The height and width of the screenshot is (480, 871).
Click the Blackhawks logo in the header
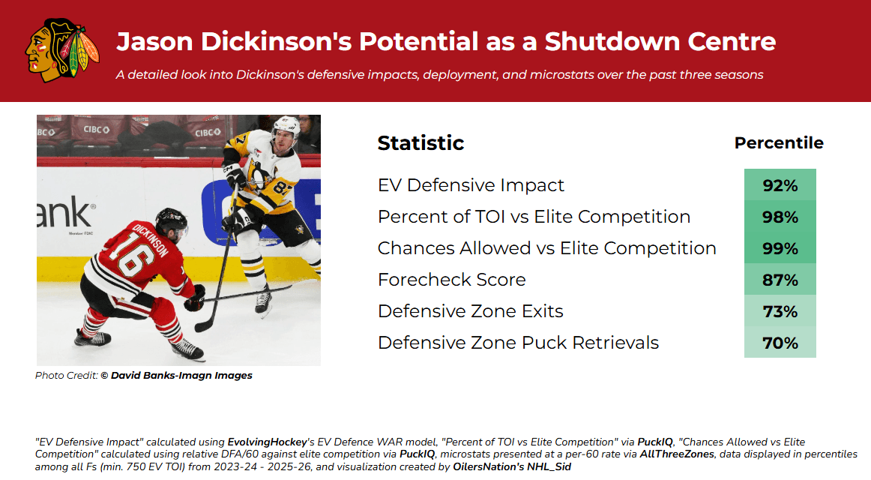click(62, 50)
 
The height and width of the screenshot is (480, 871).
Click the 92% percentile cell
click(780, 184)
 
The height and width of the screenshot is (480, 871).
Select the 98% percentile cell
click(780, 216)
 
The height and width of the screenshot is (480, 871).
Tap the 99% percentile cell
click(780, 247)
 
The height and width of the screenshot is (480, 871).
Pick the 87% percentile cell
click(780, 280)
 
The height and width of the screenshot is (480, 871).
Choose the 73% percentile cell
click(780, 311)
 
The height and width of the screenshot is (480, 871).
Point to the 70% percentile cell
click(780, 342)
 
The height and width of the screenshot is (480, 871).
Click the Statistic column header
click(421, 142)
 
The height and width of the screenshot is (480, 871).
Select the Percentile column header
click(779, 142)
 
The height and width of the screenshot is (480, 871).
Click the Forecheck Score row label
click(451, 280)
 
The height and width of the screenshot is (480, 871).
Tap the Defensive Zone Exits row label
click(471, 311)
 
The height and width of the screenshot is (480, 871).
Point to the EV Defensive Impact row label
click(471, 185)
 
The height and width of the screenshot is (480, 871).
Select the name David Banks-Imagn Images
click(181, 376)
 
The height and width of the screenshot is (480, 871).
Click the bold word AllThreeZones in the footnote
click(677, 454)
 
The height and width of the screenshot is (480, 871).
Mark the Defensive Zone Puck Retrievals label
click(518, 343)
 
